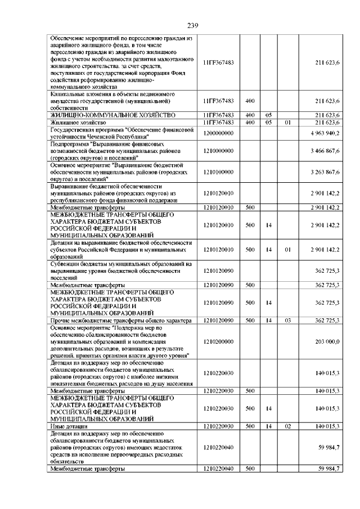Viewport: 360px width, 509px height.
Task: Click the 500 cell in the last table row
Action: click(x=250, y=469)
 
